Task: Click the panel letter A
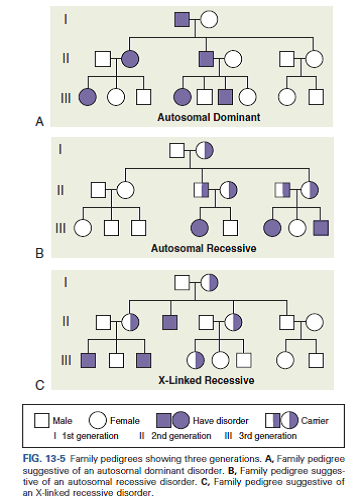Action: click(40, 121)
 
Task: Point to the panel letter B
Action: click(40, 254)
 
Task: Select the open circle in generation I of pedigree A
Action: click(208, 18)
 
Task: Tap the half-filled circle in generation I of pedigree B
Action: click(204, 151)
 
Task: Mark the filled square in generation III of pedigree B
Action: click(319, 228)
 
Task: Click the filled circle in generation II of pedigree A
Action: click(129, 58)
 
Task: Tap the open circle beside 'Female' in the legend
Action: click(99, 420)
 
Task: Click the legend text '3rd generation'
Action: click(265, 436)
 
